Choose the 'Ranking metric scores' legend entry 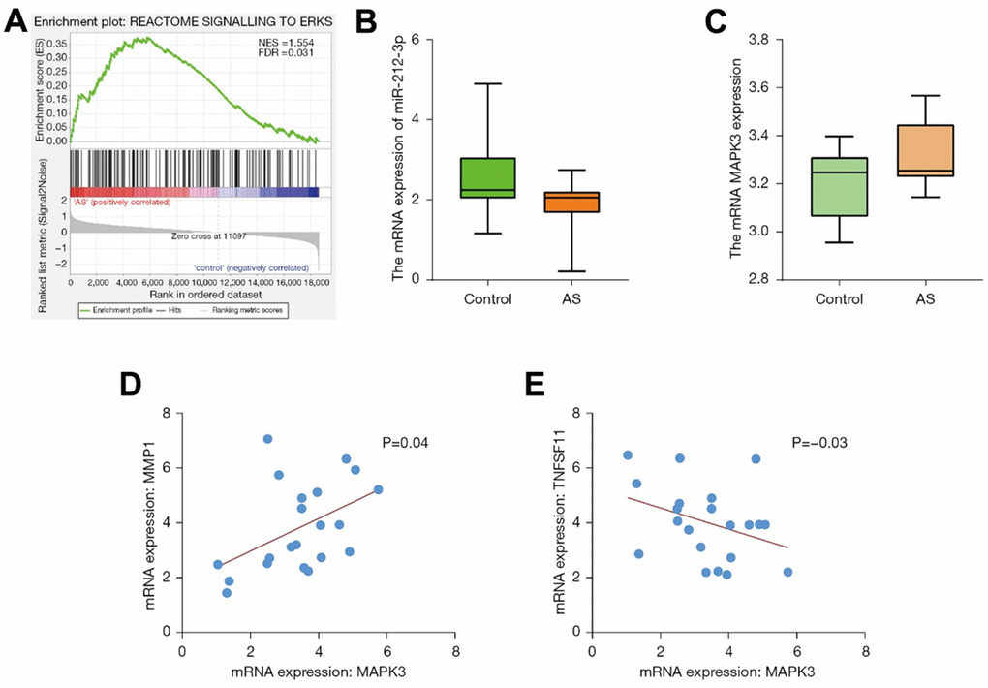click(262, 309)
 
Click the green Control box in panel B click(487, 177)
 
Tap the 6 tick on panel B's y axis click(415, 40)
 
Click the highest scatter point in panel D click(267, 439)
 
